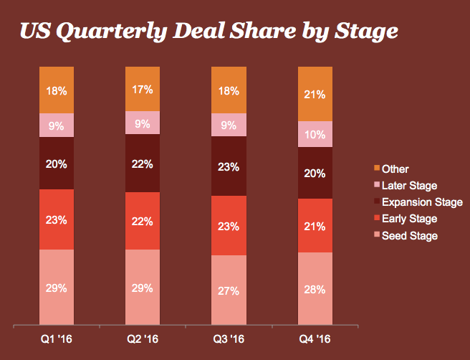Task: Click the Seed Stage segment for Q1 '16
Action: (x=57, y=288)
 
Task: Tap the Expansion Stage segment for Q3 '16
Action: (x=229, y=166)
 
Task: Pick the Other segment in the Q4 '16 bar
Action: (x=315, y=94)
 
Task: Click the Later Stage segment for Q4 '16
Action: (x=315, y=134)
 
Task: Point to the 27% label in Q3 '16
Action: (x=229, y=292)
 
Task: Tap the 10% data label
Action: (x=315, y=134)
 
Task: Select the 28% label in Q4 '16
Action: (x=315, y=289)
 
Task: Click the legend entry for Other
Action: (x=395, y=169)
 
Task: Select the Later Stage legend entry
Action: (x=409, y=186)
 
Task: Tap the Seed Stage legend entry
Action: (x=409, y=235)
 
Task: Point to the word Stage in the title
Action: (x=359, y=33)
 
